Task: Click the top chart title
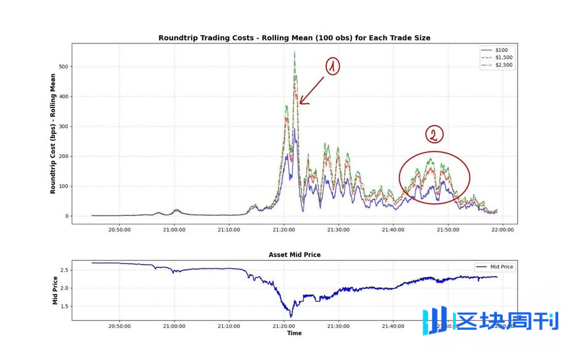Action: click(295, 38)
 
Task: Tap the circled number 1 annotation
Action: click(333, 66)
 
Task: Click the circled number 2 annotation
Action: click(434, 135)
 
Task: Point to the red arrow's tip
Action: click(300, 104)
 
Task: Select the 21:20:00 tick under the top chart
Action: click(284, 230)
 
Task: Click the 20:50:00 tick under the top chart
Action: click(119, 230)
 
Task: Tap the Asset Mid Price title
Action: click(295, 254)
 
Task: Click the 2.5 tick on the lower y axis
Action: click(65, 270)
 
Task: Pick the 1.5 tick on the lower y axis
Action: click(65, 306)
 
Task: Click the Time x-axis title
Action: click(295, 333)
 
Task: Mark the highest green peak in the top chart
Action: click(294, 52)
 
